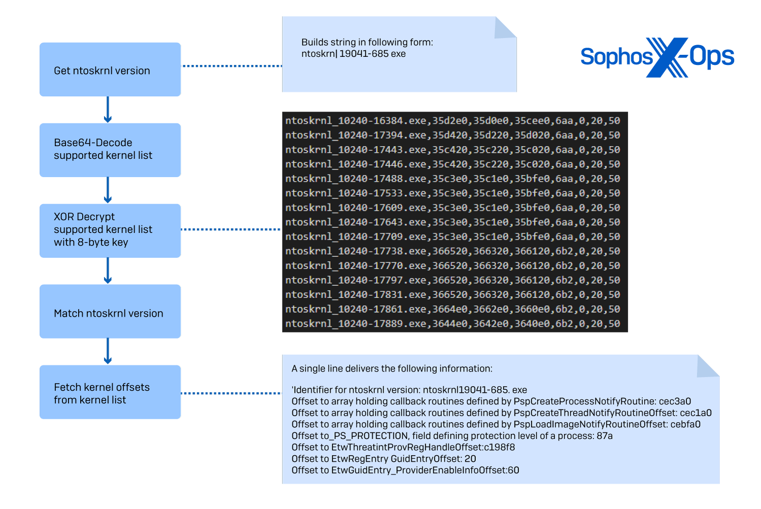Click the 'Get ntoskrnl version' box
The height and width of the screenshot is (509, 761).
(x=110, y=70)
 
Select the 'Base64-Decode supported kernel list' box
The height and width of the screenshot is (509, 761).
(x=110, y=150)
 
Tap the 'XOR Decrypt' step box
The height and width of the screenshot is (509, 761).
(x=110, y=230)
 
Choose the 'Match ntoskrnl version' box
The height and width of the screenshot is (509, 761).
(x=110, y=312)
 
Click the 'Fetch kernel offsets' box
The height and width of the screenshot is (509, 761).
(x=110, y=392)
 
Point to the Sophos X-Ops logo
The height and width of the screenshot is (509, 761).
(x=658, y=57)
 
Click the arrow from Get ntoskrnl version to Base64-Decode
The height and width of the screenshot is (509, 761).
(x=108, y=110)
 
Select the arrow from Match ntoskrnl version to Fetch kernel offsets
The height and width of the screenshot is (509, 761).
(x=108, y=352)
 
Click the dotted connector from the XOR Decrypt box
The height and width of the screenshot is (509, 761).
(x=231, y=229)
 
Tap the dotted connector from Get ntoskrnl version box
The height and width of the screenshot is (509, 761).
(x=231, y=66)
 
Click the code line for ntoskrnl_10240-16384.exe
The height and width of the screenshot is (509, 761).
(x=452, y=121)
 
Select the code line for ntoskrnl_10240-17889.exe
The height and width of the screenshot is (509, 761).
(x=452, y=324)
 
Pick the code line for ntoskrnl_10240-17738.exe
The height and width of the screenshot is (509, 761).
(x=452, y=251)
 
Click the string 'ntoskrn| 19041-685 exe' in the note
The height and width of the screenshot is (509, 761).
(x=354, y=54)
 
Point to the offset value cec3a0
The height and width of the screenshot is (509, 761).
(x=675, y=401)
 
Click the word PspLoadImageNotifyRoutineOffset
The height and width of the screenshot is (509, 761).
(x=590, y=424)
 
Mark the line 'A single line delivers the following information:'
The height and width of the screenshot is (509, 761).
(x=392, y=368)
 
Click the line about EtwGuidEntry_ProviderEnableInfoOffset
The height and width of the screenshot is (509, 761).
(x=405, y=470)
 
